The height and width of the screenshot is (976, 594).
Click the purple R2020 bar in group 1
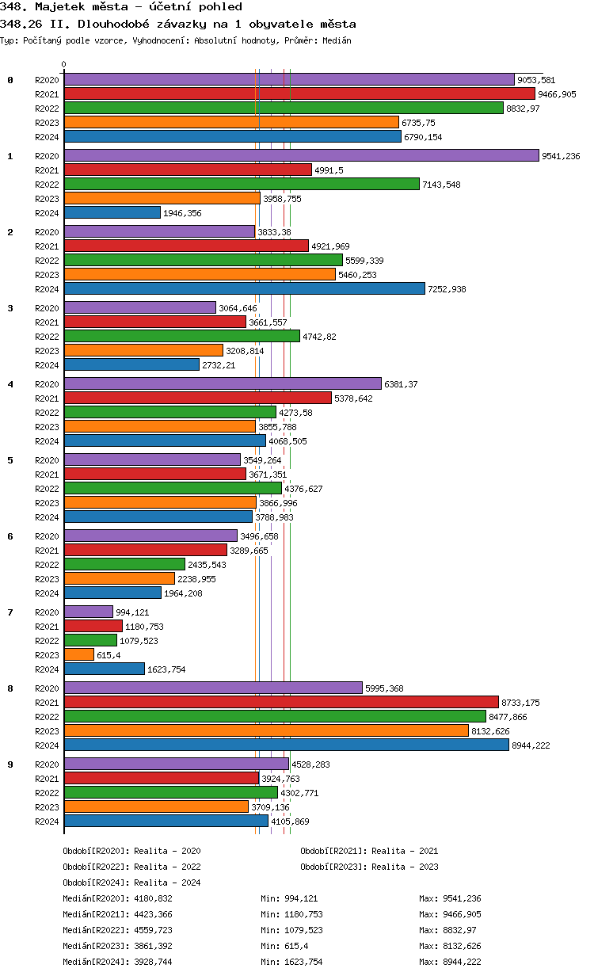point(301,156)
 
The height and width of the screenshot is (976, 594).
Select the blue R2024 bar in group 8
point(286,745)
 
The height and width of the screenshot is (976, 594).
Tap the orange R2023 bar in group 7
point(79,655)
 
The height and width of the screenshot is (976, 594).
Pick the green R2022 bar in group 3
point(181,337)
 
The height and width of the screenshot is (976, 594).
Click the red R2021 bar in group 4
point(197,398)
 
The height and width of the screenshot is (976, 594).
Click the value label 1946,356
point(182,213)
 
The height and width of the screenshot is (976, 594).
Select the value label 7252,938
point(447,289)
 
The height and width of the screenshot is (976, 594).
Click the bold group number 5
point(10,460)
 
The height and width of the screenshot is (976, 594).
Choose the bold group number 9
point(10,764)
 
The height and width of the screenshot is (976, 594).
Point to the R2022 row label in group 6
point(47,565)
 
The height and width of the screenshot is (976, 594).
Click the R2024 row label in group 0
point(47,137)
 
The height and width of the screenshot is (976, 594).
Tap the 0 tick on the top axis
point(64,65)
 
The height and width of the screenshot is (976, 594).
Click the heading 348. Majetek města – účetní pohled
point(121,7)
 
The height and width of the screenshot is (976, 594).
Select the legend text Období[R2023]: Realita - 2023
point(369,867)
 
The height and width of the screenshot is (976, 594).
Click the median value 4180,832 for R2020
point(154,898)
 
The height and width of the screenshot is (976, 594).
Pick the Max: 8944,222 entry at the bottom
point(450,962)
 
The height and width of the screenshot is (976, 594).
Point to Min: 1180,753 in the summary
point(291,914)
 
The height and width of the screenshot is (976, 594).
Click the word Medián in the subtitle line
point(337,40)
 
